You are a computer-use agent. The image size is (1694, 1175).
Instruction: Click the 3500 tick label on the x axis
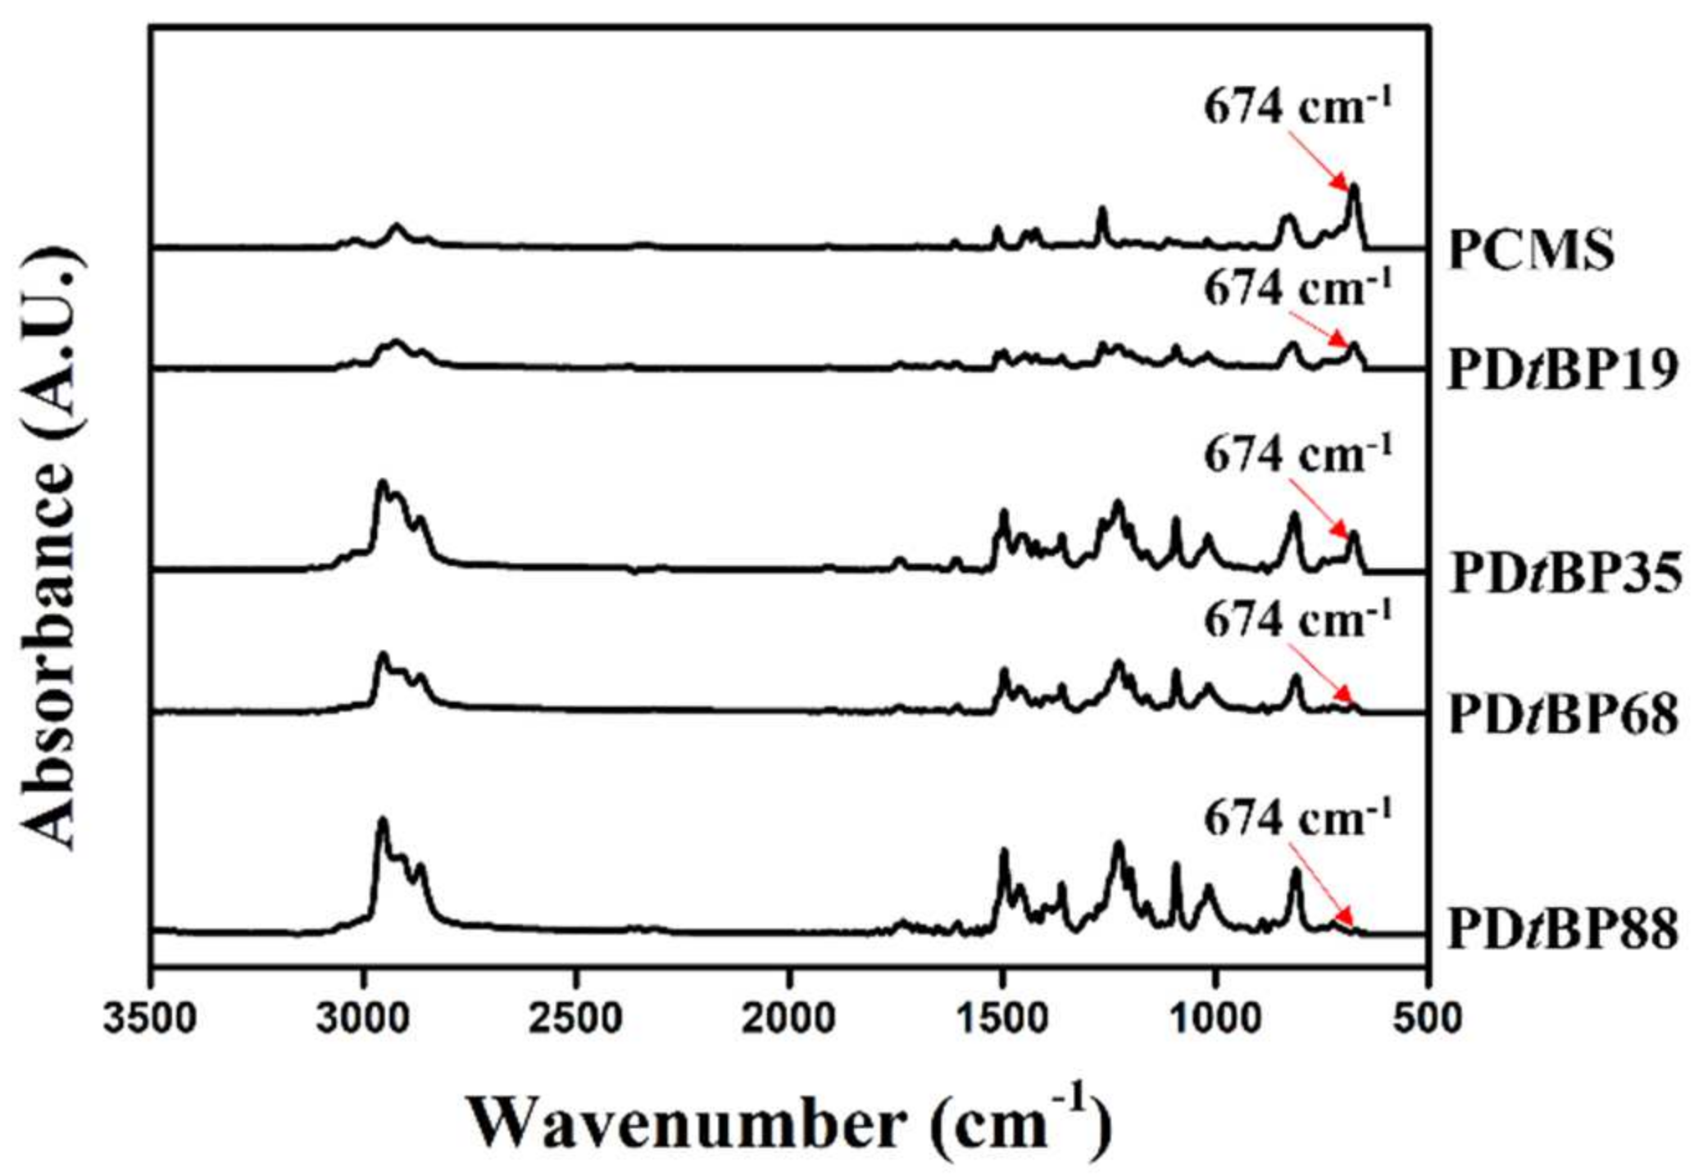click(150, 1019)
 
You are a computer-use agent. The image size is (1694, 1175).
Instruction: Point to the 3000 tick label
click(363, 1019)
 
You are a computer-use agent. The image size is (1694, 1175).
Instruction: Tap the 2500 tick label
click(576, 1019)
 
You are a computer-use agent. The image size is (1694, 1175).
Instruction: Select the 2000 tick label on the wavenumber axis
click(789, 1019)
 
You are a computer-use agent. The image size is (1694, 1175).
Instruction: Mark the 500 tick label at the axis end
click(1428, 1019)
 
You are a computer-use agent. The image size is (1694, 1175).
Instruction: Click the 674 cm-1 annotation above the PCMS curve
click(1297, 107)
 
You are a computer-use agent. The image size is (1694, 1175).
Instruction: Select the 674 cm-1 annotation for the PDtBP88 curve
click(1297, 817)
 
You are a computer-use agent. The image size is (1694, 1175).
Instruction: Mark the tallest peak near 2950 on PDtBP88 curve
click(382, 819)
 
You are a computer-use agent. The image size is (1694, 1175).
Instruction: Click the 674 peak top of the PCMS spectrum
click(1353, 187)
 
